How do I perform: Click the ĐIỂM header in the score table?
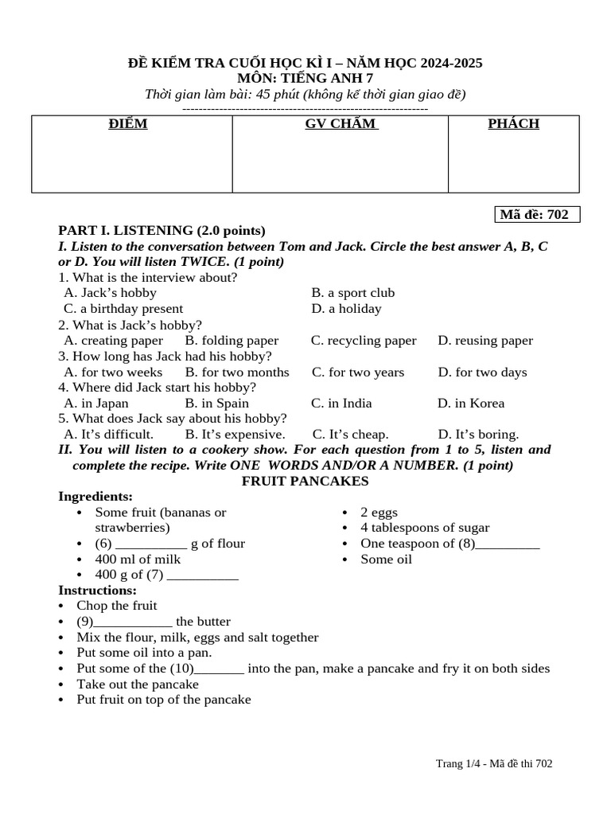(128, 124)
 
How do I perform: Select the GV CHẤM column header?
(341, 124)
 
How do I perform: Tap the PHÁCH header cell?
(513, 124)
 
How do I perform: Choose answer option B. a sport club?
(352, 293)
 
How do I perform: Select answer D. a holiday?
(346, 309)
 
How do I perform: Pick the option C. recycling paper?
(364, 341)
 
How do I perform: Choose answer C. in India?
(341, 404)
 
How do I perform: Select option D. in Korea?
(471, 404)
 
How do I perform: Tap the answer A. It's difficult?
(108, 435)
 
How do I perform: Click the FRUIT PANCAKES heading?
(305, 482)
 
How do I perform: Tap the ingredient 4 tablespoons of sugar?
(425, 528)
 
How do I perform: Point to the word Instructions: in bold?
(98, 591)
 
